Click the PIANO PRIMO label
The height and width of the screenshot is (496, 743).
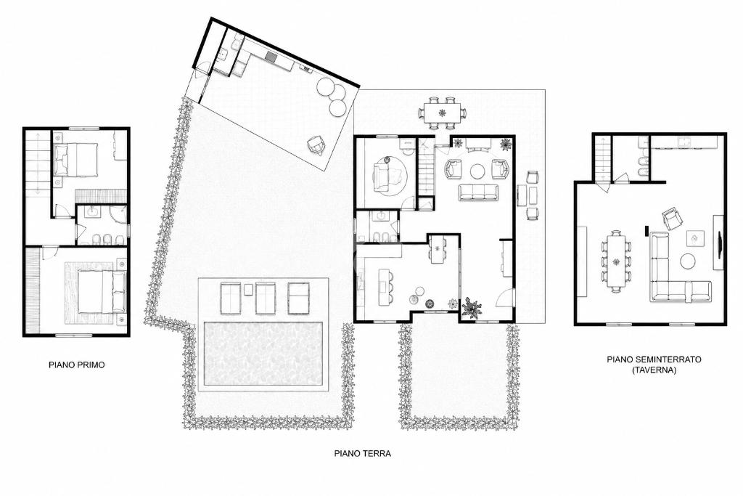(77, 365)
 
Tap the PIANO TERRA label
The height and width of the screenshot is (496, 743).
(363, 453)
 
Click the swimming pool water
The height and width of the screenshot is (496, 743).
(263, 354)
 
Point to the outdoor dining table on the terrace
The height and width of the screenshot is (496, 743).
(442, 113)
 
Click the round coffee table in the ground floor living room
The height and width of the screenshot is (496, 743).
(477, 171)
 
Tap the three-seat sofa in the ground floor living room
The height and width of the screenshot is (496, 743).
(479, 192)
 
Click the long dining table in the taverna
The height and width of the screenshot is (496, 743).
(616, 261)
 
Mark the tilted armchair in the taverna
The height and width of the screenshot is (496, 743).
(672, 218)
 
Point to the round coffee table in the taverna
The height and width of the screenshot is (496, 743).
(688, 261)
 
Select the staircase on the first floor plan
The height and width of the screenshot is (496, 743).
(38, 163)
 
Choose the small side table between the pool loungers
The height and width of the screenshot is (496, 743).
(248, 289)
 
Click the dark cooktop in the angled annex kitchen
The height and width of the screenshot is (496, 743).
(272, 57)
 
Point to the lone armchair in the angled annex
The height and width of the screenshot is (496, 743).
(316, 145)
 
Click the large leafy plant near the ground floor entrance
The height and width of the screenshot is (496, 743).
(472, 307)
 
